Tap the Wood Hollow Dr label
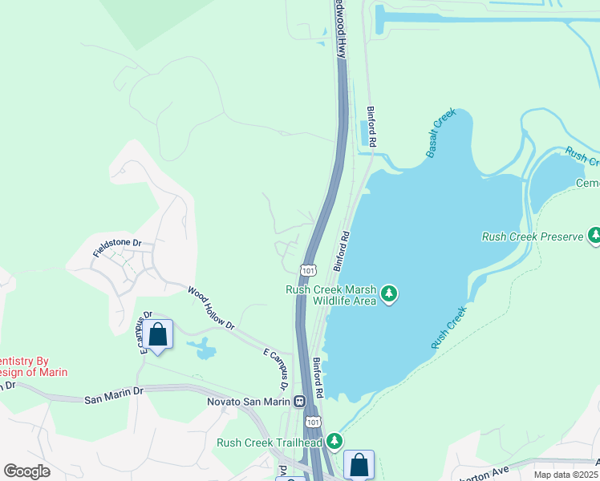pos(211,309)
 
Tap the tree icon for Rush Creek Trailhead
pos(334,441)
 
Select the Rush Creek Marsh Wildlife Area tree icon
pos(390,294)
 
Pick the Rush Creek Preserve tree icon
pos(594,236)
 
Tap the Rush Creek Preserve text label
pos(533,236)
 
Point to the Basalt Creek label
pos(441,133)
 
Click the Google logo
pos(26,471)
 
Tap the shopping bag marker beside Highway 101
pos(359,465)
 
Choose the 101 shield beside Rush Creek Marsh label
pos(309,270)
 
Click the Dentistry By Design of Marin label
pos(32,366)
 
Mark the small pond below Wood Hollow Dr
pos(204,349)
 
